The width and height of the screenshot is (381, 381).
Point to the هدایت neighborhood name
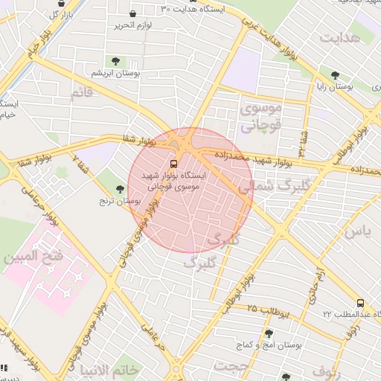coord(341,36)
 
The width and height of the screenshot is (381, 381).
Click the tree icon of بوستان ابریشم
coord(115,61)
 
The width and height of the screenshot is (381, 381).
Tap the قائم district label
coord(81,94)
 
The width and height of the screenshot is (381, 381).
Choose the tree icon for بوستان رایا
coord(336,75)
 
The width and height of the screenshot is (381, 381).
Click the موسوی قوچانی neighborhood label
coord(262,117)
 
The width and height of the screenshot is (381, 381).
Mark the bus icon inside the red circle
coord(173,162)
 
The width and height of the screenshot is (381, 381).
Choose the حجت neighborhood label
coord(230,366)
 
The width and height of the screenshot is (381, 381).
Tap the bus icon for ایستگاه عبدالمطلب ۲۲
coord(360,303)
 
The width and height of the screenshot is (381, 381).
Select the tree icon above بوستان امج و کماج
coord(269,333)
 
